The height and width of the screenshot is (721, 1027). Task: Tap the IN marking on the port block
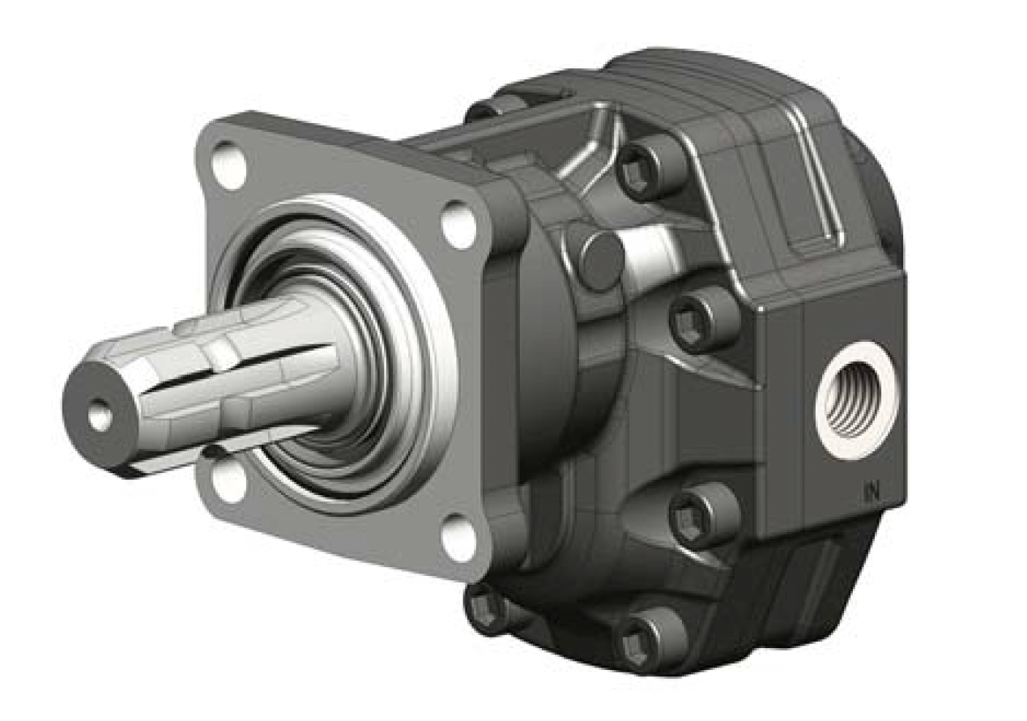pos(870,494)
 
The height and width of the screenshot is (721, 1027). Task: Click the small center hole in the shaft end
pos(100,414)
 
